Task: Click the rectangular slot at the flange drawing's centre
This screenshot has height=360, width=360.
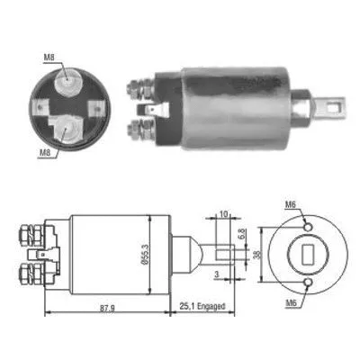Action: (x=306, y=255)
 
